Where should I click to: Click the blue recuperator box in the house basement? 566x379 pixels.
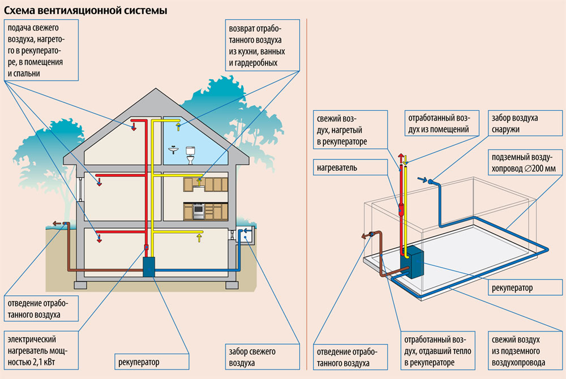pos(149,266)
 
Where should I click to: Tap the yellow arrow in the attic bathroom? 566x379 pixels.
pos(179,126)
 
